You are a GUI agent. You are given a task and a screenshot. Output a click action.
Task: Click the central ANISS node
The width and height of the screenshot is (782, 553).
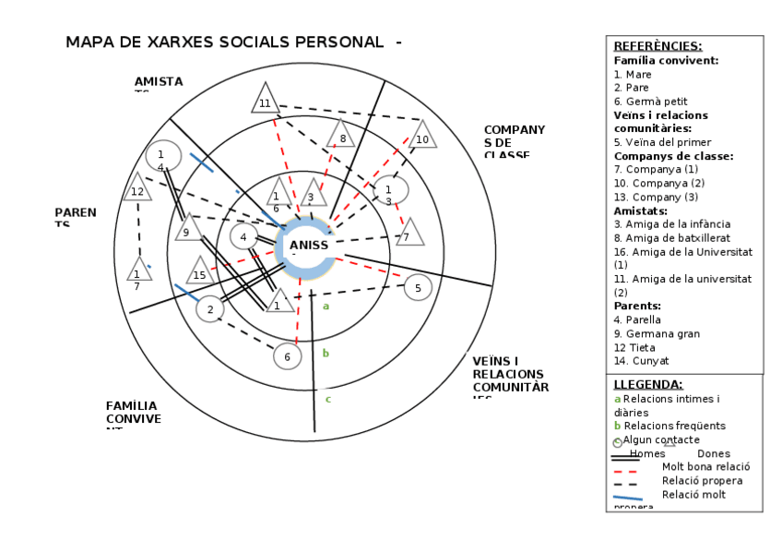pos(307,246)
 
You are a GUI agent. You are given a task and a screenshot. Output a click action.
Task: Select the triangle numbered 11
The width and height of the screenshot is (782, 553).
pos(266,101)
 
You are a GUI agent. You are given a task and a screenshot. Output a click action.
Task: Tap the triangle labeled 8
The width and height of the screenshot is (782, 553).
pos(341,137)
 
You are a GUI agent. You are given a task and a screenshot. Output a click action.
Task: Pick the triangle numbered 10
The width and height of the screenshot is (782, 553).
pos(422,138)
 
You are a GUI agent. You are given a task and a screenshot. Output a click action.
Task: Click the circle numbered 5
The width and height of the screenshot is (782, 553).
pos(418,288)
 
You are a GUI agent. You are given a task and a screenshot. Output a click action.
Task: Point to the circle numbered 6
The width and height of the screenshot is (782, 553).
pos(287,355)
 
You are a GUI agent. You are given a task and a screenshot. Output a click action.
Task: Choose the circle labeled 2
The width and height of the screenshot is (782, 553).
pos(210,309)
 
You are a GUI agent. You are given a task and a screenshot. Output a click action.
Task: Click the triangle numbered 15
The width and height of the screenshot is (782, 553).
pos(199,273)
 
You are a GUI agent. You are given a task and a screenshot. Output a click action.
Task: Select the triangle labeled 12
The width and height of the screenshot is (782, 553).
pos(137,190)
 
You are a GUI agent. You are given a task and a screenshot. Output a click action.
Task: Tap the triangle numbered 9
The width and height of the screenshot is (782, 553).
pos(187,230)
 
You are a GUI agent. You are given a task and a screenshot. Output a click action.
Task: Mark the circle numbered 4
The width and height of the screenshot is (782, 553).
pos(243,236)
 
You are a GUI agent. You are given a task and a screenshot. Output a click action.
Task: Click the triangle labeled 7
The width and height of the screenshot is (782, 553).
pos(409,234)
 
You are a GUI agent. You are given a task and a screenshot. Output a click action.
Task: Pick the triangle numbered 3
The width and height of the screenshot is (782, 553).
pos(313,196)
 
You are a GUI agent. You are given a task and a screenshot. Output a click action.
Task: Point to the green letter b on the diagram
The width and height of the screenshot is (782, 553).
pos(326,353)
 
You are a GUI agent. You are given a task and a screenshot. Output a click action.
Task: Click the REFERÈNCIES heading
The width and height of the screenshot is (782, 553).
pos(658,46)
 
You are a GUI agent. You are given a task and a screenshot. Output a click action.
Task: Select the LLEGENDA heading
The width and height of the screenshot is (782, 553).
pos(648,384)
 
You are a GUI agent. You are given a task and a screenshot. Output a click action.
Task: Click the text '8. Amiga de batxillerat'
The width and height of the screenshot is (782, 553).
pos(671,237)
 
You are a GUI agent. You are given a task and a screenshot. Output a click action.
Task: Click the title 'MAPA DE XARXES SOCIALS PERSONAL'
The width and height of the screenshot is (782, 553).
pos(224,42)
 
